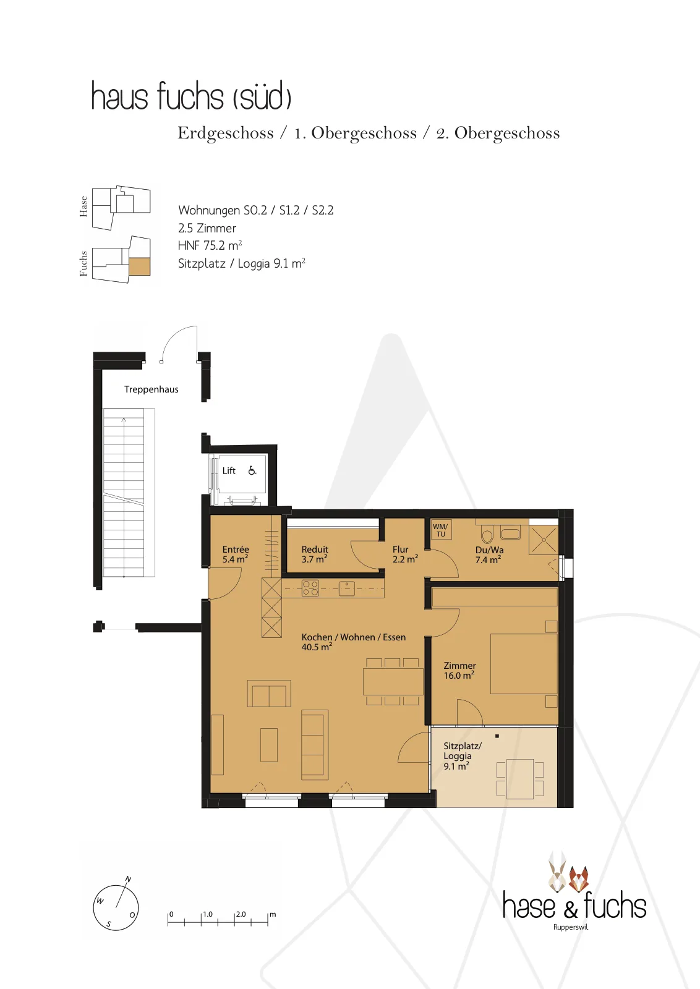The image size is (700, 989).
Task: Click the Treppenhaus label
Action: pos(151,389)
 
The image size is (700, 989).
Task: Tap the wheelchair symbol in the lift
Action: pos(252,470)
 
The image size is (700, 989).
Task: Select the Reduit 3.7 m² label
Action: pos(315,554)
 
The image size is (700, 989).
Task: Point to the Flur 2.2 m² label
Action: pos(405,554)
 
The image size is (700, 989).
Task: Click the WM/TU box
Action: pos(441,530)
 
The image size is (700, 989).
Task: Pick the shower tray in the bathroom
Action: pos(544,540)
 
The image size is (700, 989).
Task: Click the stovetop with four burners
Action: pos(310,588)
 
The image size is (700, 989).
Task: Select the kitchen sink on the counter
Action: pos(347,588)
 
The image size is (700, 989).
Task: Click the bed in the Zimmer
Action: pos(524,664)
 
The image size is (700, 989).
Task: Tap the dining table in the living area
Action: pos(393,682)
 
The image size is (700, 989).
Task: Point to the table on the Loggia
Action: pos(520,779)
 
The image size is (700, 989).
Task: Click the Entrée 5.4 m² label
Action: pos(236,554)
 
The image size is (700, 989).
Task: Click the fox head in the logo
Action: pos(578,879)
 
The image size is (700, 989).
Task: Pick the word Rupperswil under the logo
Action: pos(571,927)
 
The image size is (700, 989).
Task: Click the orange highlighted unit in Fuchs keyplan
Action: pos(140,266)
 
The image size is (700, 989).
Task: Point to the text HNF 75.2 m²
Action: pos(210,245)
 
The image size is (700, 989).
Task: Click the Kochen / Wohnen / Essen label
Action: pos(353,637)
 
